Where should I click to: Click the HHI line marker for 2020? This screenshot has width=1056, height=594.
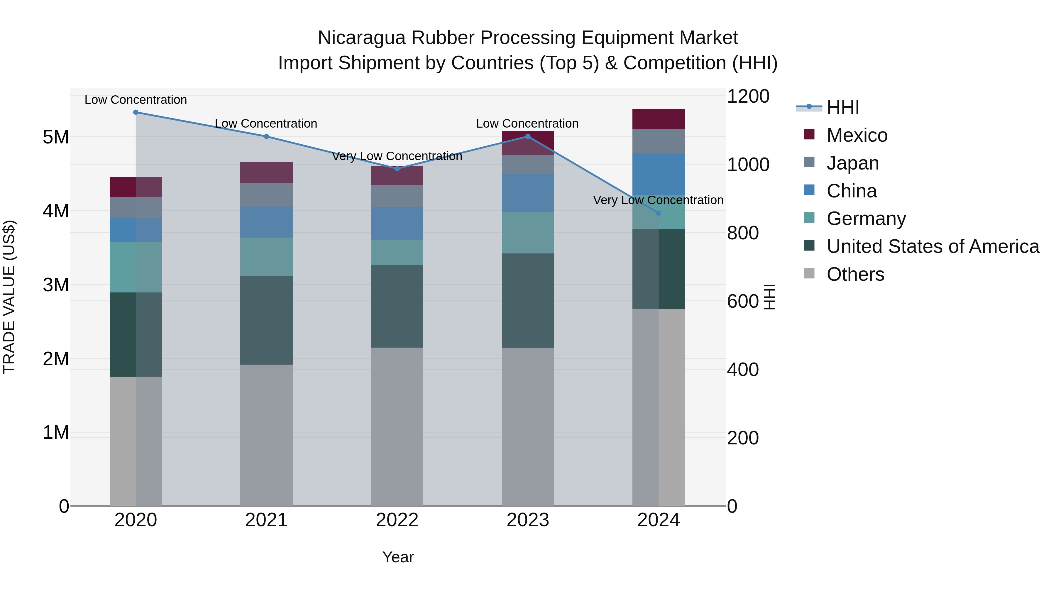point(136,112)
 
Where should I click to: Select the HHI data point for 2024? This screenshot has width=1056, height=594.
point(658,213)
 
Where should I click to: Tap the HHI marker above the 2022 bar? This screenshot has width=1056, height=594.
point(397,168)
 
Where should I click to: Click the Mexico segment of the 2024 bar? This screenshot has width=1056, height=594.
point(658,119)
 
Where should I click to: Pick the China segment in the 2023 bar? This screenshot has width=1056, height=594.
point(528,193)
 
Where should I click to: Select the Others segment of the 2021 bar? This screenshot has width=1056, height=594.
point(266,434)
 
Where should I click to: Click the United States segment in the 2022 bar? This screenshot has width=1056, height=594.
point(397,306)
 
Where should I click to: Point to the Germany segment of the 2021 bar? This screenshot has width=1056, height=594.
point(266,257)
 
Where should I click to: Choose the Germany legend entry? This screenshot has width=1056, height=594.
point(866,219)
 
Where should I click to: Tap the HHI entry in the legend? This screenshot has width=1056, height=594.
point(842,107)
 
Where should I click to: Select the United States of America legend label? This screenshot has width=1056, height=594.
point(933,246)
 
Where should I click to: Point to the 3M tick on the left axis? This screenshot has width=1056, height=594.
point(56,285)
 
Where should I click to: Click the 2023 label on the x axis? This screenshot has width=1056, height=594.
point(528,520)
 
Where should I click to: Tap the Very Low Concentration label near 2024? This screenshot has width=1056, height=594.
point(658,200)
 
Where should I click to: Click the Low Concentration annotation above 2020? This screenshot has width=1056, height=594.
point(136,100)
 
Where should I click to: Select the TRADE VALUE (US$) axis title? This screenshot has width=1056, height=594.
point(9,297)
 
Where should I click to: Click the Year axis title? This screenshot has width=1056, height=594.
point(398,557)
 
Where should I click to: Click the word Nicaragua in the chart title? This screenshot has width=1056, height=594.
point(362,38)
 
